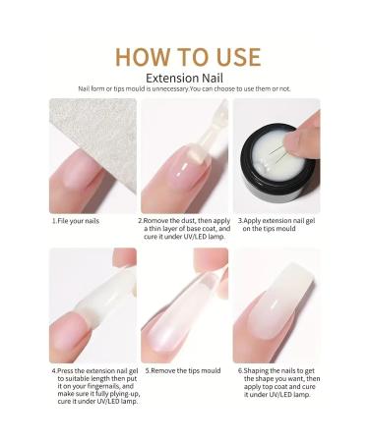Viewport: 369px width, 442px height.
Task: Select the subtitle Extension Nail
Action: coord(184,78)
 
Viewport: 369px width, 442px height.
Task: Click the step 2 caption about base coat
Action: coord(183,229)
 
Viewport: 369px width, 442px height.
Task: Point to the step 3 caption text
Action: coord(276,225)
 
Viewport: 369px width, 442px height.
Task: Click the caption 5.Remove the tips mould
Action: coord(183,372)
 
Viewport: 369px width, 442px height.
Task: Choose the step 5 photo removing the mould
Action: coord(183,304)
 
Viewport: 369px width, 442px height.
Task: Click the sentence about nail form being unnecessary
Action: coord(184,89)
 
